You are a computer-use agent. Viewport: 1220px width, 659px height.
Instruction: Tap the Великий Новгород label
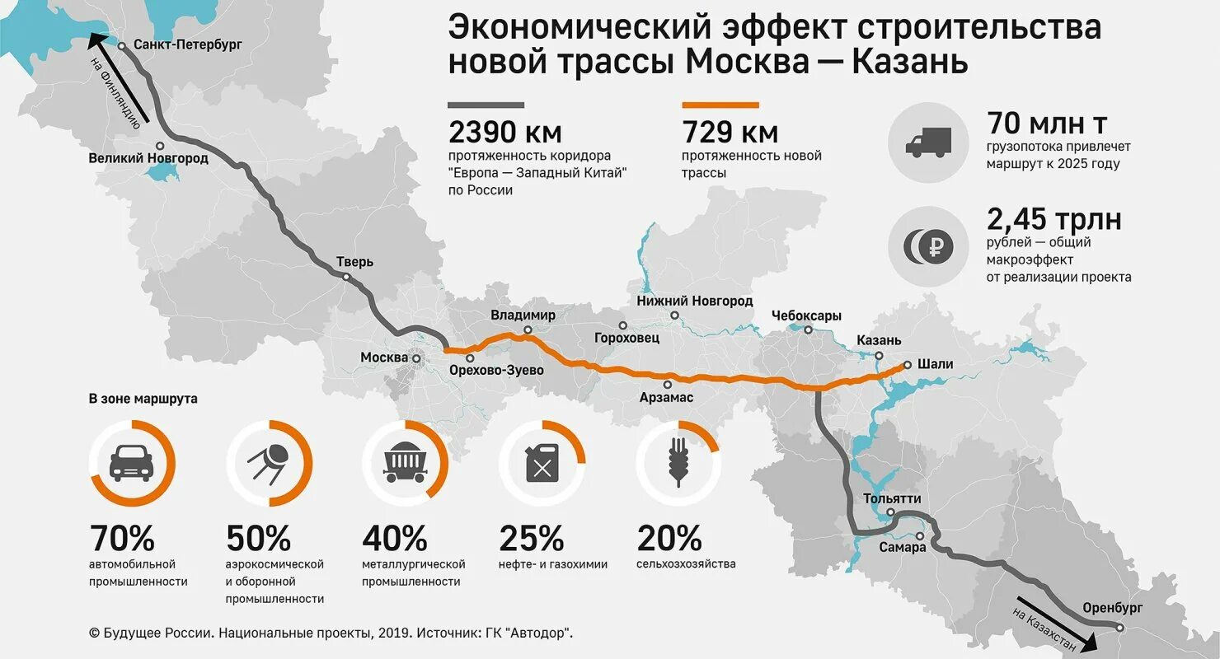(148, 157)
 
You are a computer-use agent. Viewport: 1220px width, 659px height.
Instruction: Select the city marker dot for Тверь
(347, 278)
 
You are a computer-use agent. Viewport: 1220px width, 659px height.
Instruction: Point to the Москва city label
(384, 358)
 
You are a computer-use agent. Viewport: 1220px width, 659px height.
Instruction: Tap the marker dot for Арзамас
(667, 383)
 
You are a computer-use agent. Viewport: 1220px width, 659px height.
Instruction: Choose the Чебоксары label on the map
(806, 315)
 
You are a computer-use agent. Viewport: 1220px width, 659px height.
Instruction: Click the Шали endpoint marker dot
(907, 364)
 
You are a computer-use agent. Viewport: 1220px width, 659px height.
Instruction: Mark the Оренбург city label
(1113, 608)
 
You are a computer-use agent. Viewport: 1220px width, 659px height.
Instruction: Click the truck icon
(928, 143)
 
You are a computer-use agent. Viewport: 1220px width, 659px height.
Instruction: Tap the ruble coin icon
(928, 245)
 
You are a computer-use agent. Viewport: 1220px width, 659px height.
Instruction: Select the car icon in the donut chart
(131, 463)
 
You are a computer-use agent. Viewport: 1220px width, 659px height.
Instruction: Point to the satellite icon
(268, 463)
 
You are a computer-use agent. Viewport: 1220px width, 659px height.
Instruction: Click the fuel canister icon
(542, 463)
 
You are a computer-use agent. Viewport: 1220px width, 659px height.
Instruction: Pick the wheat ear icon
(678, 463)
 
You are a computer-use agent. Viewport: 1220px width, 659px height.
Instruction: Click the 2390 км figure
(504, 132)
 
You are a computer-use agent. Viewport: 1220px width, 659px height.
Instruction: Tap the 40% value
(395, 539)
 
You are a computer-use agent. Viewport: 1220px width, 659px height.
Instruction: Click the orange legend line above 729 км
(720, 105)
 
